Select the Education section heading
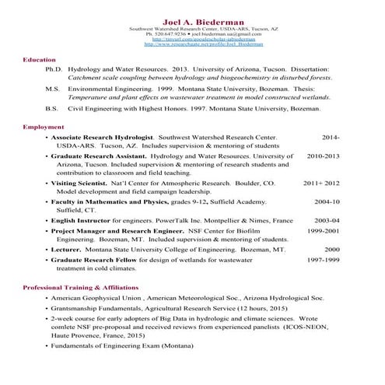(39, 59)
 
